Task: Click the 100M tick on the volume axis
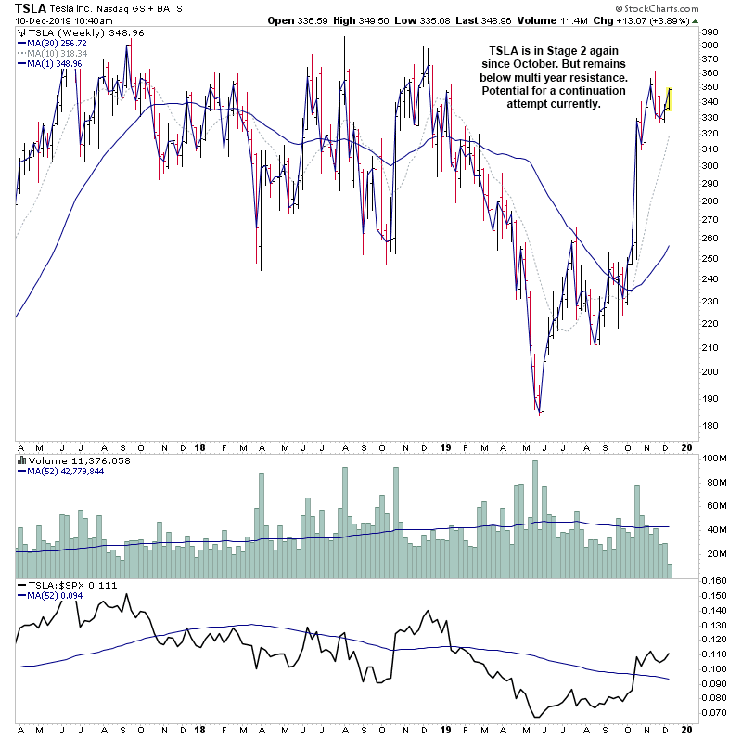712,459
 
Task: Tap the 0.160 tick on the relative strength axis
712,581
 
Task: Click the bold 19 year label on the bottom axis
444,446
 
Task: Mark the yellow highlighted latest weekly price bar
670,97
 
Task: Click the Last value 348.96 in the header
509,20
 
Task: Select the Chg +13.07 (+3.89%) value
646,20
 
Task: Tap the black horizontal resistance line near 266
621,227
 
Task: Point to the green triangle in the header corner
696,20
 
